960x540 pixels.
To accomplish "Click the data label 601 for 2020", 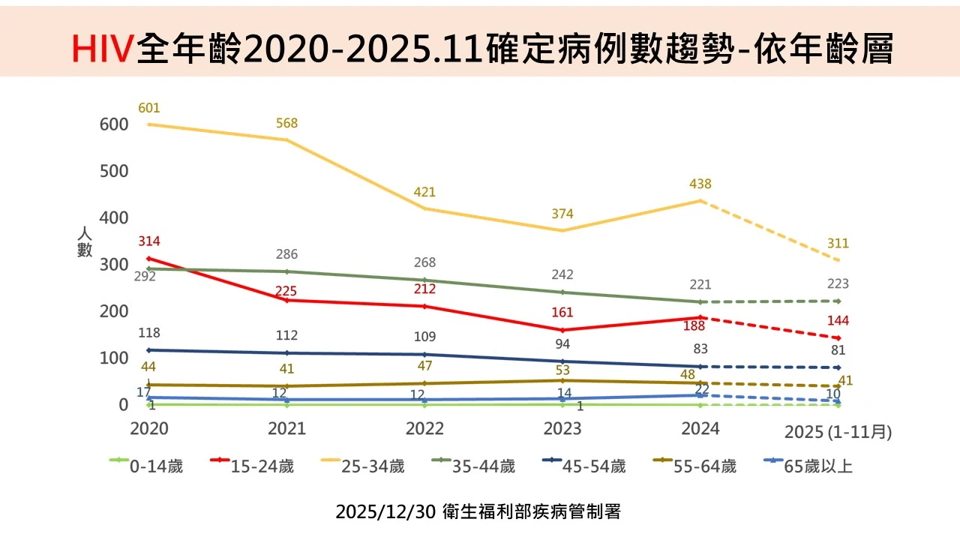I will point(149,108).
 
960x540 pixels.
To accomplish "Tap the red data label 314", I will point(149,241).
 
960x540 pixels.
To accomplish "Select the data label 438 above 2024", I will point(700,184).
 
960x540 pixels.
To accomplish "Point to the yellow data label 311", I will point(838,244).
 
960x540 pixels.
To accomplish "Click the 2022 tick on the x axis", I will point(424,428).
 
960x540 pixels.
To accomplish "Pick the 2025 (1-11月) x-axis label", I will point(838,433).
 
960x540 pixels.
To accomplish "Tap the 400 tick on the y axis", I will point(114,217).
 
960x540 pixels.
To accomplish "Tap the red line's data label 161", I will point(562,313).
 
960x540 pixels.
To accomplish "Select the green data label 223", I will point(838,284).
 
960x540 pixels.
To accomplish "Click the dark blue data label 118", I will point(149,333).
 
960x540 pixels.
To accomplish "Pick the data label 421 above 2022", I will point(424,193).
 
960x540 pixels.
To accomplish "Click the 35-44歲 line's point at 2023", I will point(562,292).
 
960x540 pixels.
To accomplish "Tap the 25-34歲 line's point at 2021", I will point(286,140).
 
